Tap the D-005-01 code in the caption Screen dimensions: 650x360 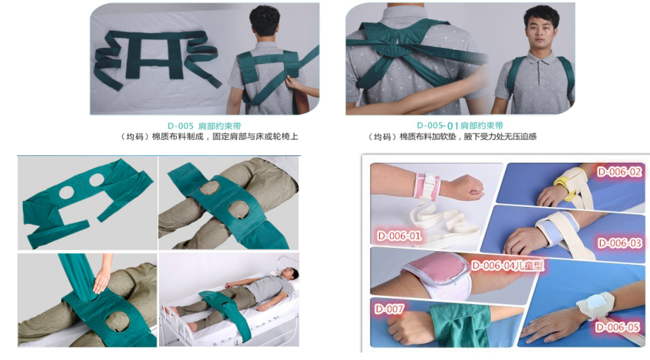point(438,126)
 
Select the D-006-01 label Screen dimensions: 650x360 point(399,236)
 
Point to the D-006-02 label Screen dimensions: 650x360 point(619,172)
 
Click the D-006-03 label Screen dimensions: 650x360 point(620,243)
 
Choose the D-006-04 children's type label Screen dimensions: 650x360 point(507,265)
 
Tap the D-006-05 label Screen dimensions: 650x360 point(618,327)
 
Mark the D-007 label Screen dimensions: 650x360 point(389,309)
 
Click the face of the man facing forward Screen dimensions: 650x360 point(542,34)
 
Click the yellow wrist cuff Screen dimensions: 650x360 point(567,186)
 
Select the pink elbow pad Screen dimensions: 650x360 point(435,276)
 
